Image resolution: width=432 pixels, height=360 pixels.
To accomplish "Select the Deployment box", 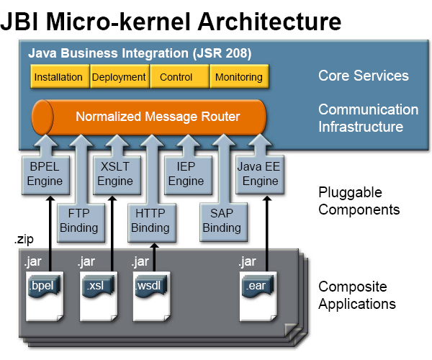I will (x=119, y=77).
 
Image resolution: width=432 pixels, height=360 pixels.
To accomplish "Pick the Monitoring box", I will (x=238, y=77).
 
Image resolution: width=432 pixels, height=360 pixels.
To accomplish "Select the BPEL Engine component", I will (x=45, y=174).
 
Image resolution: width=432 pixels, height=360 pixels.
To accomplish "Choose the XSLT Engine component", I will (x=114, y=174).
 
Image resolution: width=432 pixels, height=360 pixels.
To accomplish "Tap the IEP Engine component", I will (x=186, y=174).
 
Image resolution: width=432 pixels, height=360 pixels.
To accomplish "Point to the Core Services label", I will (x=363, y=76).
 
